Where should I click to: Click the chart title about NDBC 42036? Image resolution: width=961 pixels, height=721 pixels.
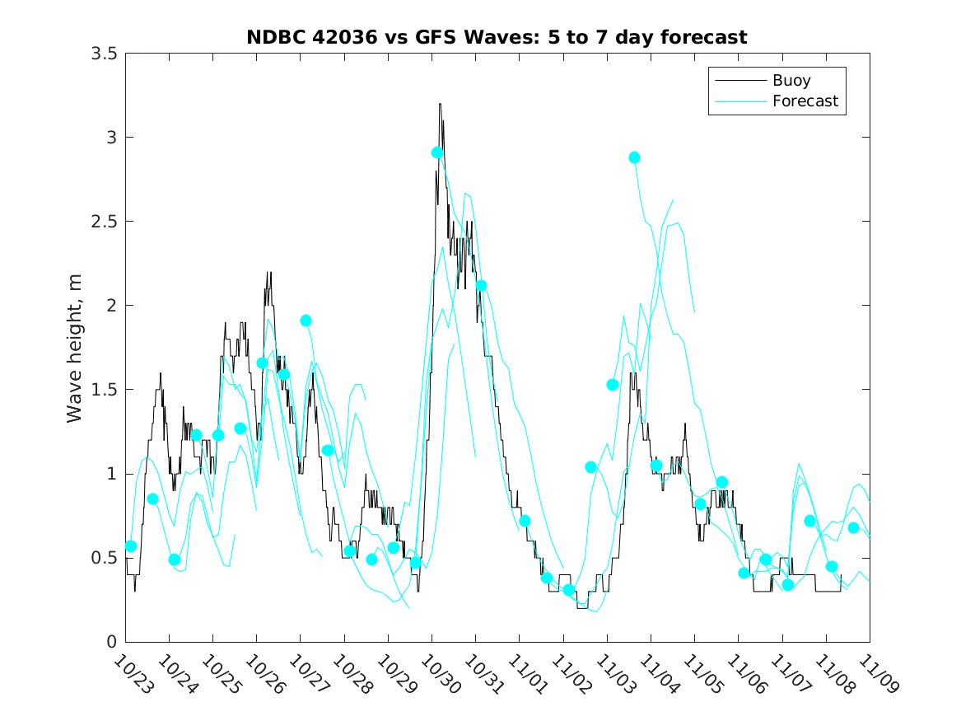[497, 37]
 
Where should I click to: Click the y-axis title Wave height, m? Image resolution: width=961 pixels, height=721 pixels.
[75, 348]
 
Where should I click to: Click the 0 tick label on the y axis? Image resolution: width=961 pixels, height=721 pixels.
[110, 642]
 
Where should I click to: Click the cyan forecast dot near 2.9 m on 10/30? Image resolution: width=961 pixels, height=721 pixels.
[437, 152]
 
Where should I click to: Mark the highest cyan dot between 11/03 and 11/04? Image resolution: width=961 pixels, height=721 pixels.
[634, 157]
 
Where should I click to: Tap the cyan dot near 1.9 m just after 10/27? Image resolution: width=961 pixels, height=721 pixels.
[306, 321]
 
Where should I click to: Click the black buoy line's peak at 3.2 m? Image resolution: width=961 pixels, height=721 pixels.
[441, 104]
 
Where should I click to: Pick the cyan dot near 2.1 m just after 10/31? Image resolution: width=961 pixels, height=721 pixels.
[481, 286]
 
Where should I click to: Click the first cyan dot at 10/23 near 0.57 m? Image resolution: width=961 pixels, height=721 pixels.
[131, 546]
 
